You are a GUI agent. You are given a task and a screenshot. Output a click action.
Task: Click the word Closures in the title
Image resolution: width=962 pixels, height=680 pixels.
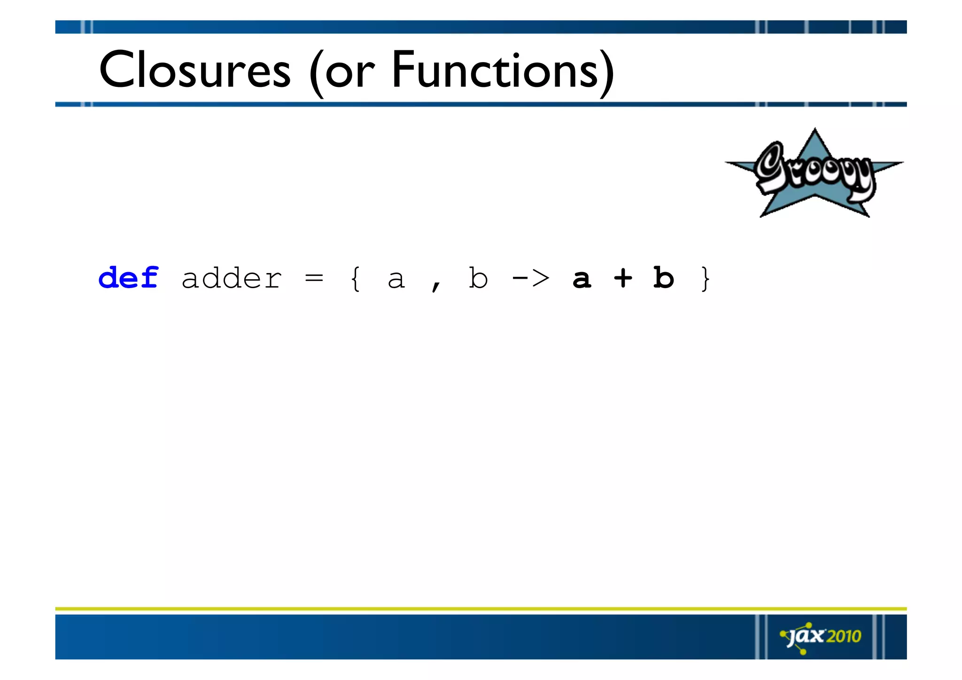pyautogui.click(x=195, y=70)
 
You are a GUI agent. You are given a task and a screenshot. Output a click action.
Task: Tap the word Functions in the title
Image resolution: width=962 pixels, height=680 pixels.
pyautogui.click(x=495, y=70)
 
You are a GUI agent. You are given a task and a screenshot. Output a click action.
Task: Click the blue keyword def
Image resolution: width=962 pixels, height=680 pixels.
pyautogui.click(x=128, y=278)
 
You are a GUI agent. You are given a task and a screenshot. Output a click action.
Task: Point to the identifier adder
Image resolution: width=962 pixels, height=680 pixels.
pyautogui.click(x=232, y=278)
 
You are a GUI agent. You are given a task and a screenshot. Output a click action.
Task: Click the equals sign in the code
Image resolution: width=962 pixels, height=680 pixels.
pyautogui.click(x=314, y=278)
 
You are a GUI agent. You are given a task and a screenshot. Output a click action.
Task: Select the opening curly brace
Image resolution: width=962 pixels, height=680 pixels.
pyautogui.click(x=356, y=278)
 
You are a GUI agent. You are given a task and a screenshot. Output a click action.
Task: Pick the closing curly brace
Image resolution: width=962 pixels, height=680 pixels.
pyautogui.click(x=705, y=278)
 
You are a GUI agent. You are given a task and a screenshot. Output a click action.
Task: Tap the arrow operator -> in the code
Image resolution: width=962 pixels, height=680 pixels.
pyautogui.click(x=530, y=278)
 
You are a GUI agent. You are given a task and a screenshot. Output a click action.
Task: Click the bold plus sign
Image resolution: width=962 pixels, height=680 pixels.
pyautogui.click(x=623, y=278)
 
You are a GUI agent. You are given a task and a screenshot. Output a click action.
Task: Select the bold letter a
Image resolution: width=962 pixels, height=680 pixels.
pyautogui.click(x=582, y=279)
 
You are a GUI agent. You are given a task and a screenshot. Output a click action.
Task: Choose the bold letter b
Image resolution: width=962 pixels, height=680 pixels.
pyautogui.click(x=663, y=278)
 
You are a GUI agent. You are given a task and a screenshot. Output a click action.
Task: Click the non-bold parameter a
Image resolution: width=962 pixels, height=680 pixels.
pyautogui.click(x=396, y=280)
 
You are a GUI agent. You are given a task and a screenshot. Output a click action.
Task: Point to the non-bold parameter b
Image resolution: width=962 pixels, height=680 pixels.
pyautogui.click(x=478, y=278)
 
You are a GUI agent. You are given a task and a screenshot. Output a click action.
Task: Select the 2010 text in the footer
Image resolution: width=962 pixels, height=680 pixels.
pyautogui.click(x=844, y=636)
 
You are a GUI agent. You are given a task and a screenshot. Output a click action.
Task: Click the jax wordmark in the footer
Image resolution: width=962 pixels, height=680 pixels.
pyautogui.click(x=807, y=636)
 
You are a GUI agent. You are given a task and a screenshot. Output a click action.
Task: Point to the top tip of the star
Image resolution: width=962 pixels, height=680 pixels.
pyautogui.click(x=815, y=129)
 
